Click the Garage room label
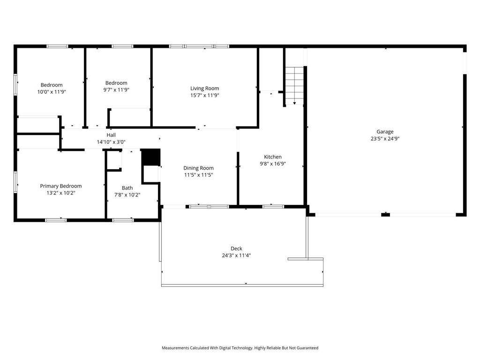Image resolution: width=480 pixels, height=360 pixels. pos(385,132)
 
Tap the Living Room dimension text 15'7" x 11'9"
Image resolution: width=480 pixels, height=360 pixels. pos(204,95)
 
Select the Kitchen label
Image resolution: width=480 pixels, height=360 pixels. pos(272,157)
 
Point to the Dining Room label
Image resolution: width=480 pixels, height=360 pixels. pos(198,168)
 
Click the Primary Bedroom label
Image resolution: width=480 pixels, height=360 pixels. pos(60,186)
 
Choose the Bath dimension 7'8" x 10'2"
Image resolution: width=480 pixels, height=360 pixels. pos(127,195)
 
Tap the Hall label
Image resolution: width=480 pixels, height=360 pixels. pos(111,135)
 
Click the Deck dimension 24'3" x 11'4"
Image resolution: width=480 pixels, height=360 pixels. pos(236,255)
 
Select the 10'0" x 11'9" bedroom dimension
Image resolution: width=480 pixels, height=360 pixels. pos(52,92)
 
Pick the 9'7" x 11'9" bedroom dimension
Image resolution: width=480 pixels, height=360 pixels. pos(116,90)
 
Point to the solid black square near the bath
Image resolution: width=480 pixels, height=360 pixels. pos(150,157)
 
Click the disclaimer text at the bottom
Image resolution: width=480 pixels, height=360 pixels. pos(240,348)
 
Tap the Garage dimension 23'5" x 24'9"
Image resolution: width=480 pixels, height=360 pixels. pos(385,139)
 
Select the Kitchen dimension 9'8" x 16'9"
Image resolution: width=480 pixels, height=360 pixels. pos(272,164)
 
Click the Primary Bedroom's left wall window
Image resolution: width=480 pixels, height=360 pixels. pos(15,182)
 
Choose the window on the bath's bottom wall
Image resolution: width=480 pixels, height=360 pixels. pos(123,220)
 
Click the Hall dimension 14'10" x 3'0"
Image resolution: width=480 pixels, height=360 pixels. pos(111,142)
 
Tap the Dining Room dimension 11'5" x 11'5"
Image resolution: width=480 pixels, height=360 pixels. pos(198,175)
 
